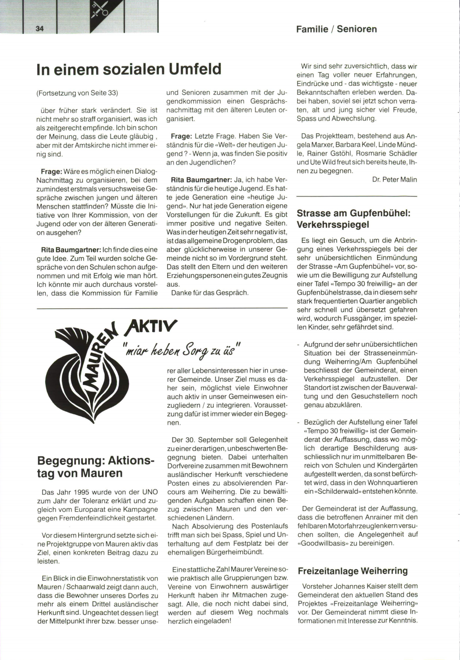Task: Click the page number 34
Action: tap(39, 29)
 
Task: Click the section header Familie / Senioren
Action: tap(336, 29)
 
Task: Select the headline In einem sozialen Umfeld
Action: tap(129, 69)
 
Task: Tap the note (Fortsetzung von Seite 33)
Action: tap(77, 93)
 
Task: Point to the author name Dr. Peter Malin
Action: tap(394, 180)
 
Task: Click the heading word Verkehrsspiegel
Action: tap(333, 225)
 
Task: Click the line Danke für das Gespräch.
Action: tap(210, 293)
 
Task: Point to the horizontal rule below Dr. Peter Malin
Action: tap(356, 196)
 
